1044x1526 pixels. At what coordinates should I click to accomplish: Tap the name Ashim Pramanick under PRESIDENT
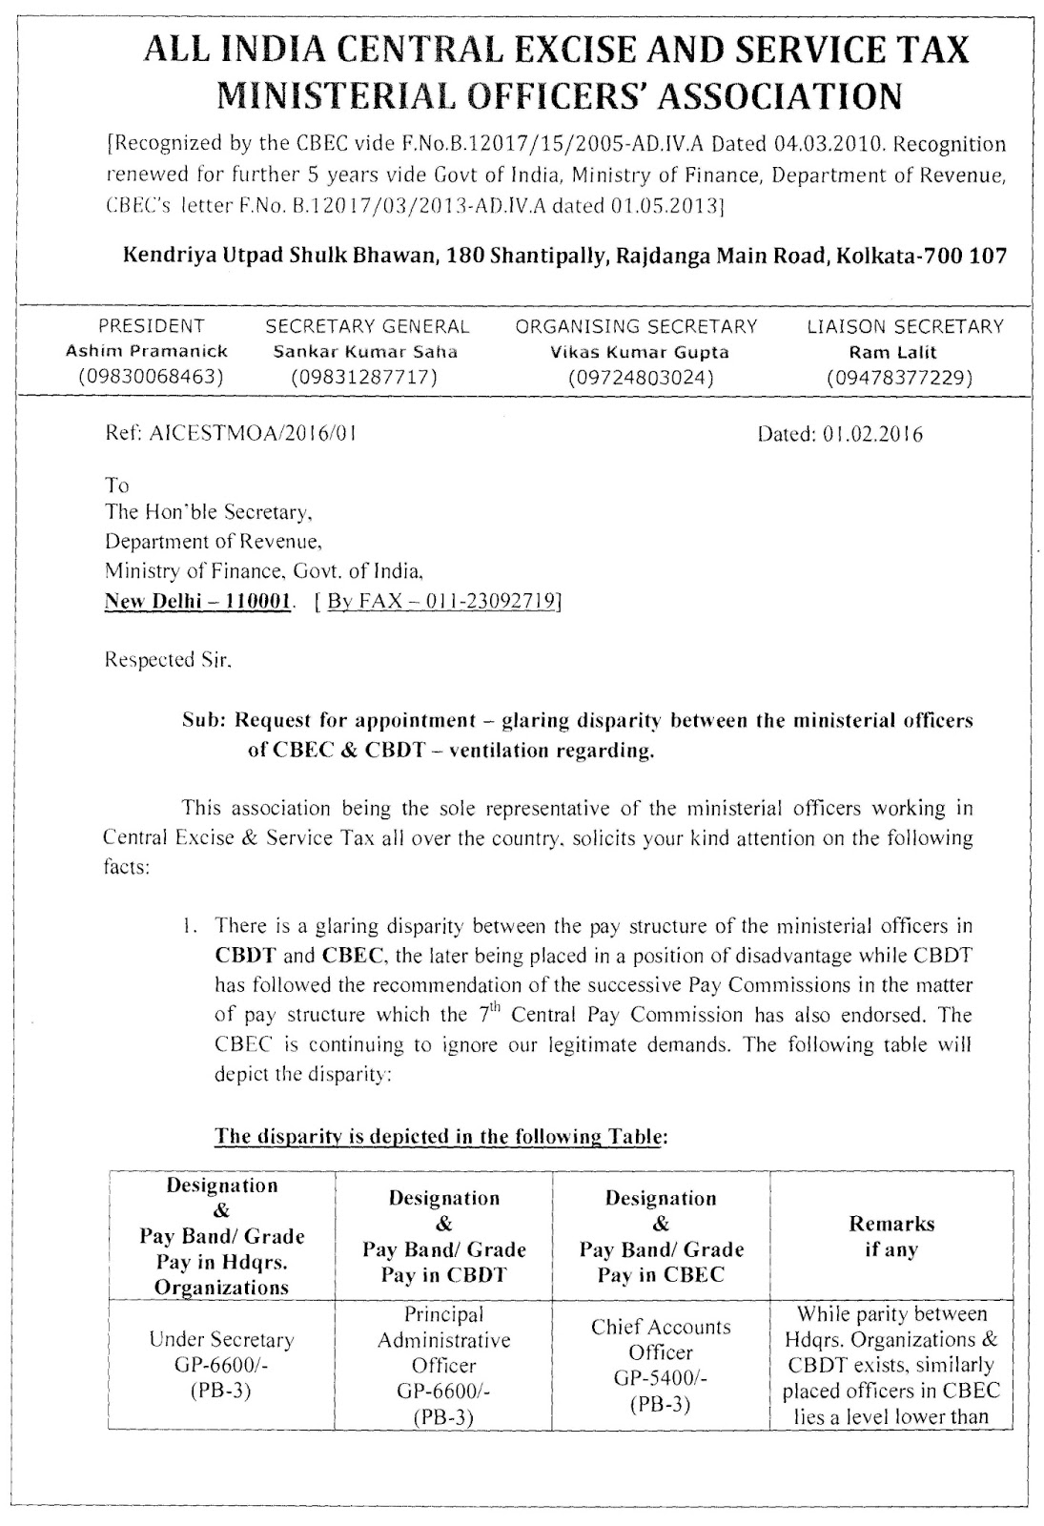(x=147, y=351)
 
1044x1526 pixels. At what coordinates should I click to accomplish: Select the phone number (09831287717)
(x=366, y=377)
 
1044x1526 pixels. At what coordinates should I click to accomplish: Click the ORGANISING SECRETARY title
(x=636, y=326)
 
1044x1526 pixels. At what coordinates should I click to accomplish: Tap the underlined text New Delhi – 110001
(x=197, y=602)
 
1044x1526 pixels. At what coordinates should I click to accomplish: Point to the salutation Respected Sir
(x=168, y=659)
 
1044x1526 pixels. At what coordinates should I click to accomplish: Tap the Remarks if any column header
(x=890, y=1236)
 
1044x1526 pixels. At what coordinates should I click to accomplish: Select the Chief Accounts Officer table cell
(x=660, y=1339)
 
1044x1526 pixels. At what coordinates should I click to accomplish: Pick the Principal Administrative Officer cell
(x=443, y=1339)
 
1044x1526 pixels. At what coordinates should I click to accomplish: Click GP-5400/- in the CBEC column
(x=660, y=1378)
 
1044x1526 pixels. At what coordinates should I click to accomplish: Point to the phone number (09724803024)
(x=640, y=377)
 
